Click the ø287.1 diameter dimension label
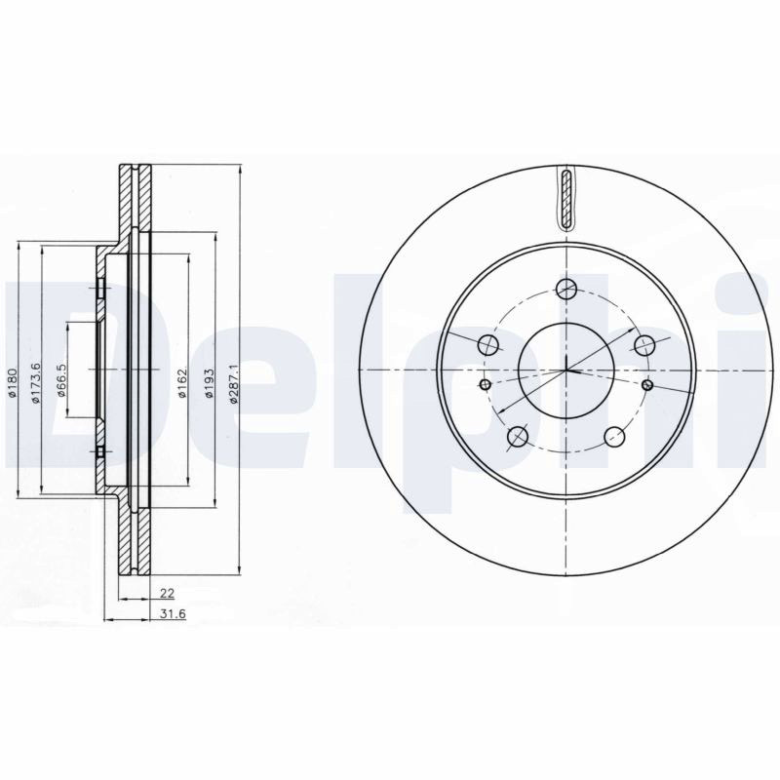[235, 383]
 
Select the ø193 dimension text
[210, 383]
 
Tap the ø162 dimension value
[182, 383]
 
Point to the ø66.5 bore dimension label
[61, 380]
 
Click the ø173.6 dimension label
[35, 383]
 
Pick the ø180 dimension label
[13, 383]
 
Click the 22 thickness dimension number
[167, 593]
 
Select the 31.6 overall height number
[173, 614]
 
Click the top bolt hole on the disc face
[566, 288]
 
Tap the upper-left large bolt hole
[487, 345]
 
